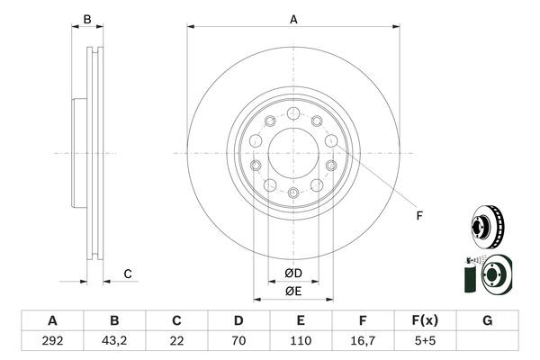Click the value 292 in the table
click(52, 341)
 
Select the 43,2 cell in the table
click(114, 341)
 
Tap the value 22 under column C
click(176, 341)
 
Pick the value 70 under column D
click(238, 341)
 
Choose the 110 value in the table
click(301, 341)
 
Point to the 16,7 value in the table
click(363, 341)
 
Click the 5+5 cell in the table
click(425, 341)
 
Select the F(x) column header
click(425, 321)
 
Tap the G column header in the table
click(487, 321)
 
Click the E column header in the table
click(301, 321)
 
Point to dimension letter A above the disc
click(293, 18)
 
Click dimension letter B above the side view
click(87, 19)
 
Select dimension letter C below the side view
click(128, 274)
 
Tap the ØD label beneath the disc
click(293, 273)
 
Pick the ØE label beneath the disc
click(293, 290)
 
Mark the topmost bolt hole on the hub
click(293, 112)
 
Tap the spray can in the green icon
click(469, 275)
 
